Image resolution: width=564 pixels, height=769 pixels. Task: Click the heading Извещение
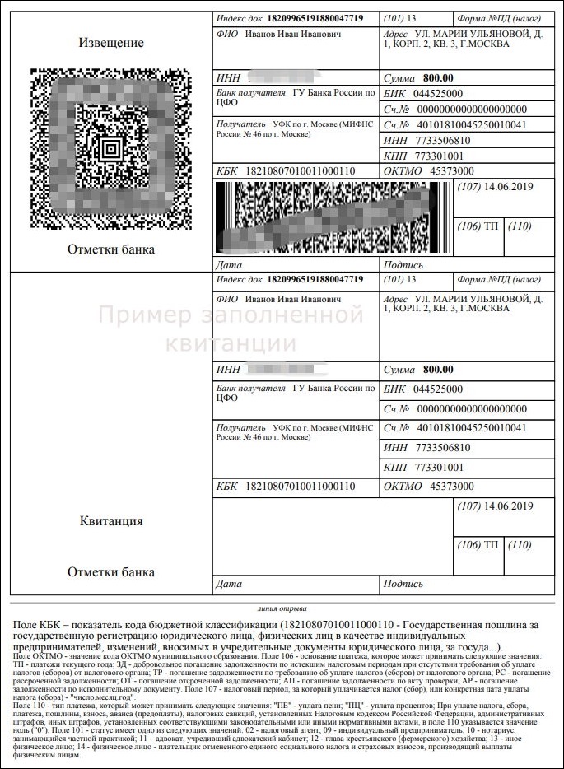110,42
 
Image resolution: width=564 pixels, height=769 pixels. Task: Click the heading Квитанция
110,521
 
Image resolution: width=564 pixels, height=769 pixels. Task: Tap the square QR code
110,149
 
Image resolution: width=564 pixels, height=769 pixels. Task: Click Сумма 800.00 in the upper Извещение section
420,77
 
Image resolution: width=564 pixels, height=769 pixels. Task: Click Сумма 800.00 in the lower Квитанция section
420,369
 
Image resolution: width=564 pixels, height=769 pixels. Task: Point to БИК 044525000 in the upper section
425,94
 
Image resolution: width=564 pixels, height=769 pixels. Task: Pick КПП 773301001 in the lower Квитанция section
425,467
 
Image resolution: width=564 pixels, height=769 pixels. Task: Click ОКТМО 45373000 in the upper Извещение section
430,170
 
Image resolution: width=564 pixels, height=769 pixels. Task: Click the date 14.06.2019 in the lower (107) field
510,505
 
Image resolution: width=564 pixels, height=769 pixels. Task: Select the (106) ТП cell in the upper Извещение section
480,226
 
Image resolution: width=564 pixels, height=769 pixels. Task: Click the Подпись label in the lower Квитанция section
403,584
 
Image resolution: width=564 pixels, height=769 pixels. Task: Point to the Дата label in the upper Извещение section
227,266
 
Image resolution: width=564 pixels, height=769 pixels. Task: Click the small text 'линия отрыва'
282,610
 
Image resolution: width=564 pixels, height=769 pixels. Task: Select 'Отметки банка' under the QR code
110,249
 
